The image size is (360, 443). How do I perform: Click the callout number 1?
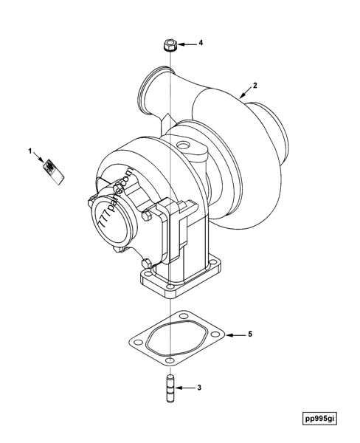[x=31, y=151]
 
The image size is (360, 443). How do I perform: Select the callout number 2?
[x=255, y=86]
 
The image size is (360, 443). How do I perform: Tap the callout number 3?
[x=198, y=386]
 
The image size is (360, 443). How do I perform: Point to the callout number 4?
[x=199, y=44]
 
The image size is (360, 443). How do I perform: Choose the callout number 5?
[x=249, y=334]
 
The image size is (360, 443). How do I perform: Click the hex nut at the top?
[x=169, y=45]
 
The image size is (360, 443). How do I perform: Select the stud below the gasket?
[x=169, y=387]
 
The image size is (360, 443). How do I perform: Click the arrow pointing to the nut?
[x=185, y=44]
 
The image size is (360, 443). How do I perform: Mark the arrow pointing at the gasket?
[x=234, y=335]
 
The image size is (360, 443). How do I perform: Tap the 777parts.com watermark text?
[x=114, y=198]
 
